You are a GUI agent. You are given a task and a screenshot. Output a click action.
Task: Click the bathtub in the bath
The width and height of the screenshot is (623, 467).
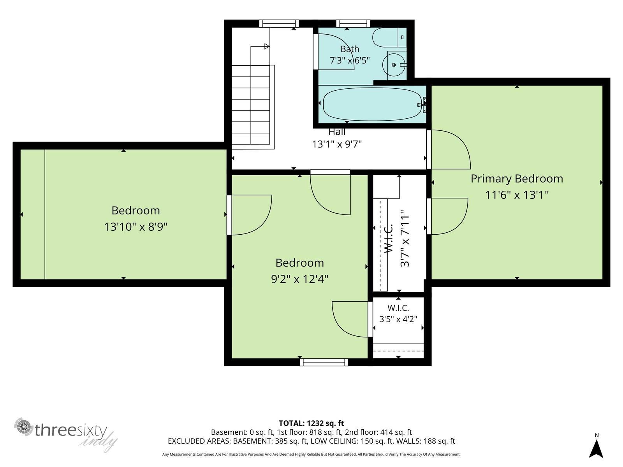[x=372, y=104]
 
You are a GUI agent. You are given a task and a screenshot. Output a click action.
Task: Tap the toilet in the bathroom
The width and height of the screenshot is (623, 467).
[x=389, y=37]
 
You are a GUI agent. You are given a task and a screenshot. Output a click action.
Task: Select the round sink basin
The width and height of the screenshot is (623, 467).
[x=393, y=65]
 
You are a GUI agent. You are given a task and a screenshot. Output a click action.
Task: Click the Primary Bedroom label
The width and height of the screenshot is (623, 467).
[x=517, y=179]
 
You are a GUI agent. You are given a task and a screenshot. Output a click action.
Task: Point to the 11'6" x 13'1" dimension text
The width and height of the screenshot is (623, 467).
[x=517, y=195]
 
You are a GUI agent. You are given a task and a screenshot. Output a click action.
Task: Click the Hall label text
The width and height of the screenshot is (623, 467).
[x=337, y=132]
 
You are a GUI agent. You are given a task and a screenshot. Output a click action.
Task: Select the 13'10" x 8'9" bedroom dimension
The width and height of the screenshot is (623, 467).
[x=136, y=227]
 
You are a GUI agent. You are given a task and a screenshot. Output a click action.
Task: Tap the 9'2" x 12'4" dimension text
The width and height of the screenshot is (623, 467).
[x=299, y=279]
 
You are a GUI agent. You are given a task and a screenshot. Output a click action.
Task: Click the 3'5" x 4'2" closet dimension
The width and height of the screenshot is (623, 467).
[x=398, y=319]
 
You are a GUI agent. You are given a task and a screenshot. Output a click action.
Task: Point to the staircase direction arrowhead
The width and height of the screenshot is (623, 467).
[x=267, y=46]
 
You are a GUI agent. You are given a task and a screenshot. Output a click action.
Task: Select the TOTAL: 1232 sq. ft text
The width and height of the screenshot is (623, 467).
[x=311, y=423]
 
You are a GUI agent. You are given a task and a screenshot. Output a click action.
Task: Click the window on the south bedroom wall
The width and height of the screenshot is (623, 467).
[x=324, y=362]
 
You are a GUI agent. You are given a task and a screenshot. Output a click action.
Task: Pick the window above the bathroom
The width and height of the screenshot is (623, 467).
[x=353, y=23]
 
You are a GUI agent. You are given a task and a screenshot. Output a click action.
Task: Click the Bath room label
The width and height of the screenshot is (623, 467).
[x=350, y=49]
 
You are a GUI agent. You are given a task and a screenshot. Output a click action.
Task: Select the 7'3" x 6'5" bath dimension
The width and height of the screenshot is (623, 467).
[x=350, y=60]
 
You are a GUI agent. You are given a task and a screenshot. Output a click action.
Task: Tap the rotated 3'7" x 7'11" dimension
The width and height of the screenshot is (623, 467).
[x=405, y=238]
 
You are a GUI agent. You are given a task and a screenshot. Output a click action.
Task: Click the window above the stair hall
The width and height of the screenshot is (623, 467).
[x=279, y=23]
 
